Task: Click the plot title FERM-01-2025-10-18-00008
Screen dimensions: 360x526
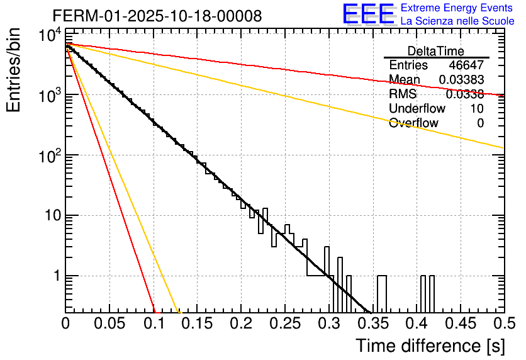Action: [157, 16]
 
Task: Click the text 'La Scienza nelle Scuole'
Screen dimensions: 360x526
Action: [457, 21]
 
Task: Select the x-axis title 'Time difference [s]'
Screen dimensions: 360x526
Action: [429, 346]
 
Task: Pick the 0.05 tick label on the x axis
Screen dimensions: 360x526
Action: [109, 323]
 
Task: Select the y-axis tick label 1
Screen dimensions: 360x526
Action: [55, 276]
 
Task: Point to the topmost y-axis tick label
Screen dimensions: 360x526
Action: [50, 37]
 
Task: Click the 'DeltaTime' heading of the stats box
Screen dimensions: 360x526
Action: [436, 51]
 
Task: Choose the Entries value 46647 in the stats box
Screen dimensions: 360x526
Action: [466, 65]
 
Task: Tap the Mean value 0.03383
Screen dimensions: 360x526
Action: [461, 80]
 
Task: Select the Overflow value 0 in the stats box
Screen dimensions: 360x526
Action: [480, 123]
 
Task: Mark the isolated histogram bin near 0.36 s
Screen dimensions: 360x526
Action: [381, 293]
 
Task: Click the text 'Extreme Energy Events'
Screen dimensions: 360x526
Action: [457, 8]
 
